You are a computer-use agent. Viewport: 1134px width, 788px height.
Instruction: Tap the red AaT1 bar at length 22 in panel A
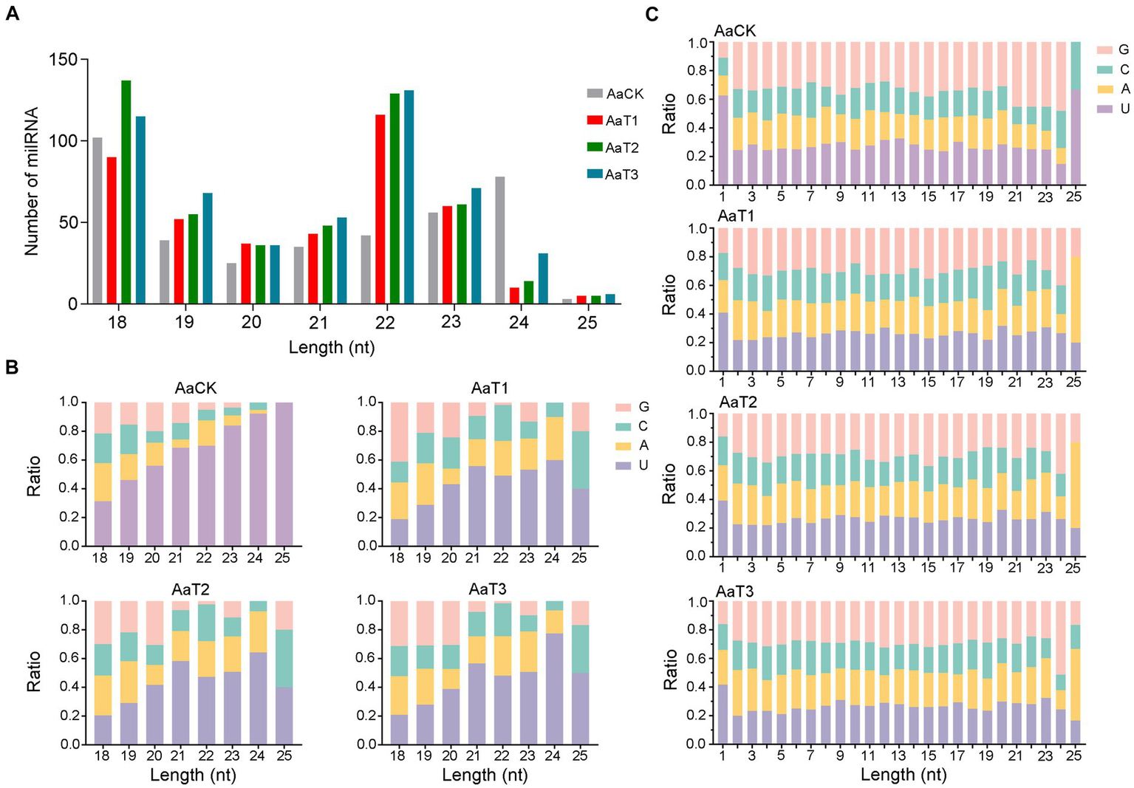[x=380, y=209]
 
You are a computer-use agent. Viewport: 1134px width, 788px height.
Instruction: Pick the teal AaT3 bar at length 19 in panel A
[x=208, y=248]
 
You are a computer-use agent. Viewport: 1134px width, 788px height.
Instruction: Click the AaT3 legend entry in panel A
[x=612, y=175]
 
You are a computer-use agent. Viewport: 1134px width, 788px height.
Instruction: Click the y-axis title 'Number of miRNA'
[x=32, y=182]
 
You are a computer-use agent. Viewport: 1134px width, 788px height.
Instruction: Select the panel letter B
[x=12, y=368]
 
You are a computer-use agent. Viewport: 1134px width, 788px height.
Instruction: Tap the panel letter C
[x=652, y=14]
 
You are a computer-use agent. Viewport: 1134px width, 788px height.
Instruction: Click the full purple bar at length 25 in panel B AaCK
[x=284, y=474]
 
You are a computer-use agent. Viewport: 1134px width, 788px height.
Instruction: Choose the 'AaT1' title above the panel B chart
[x=490, y=388]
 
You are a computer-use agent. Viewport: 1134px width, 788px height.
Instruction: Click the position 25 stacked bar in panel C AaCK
[x=1076, y=113]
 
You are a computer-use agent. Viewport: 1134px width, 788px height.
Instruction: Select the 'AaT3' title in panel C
[x=734, y=592]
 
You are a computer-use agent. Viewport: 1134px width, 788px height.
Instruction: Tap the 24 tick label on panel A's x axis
[x=519, y=323]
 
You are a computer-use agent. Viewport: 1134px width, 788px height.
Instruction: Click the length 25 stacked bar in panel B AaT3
[x=580, y=672]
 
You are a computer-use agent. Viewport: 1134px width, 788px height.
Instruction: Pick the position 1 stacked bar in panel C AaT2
[x=723, y=484]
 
